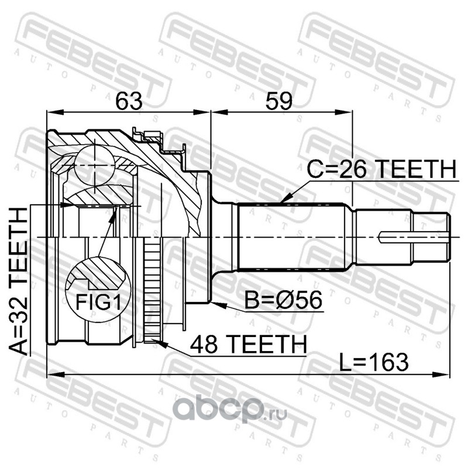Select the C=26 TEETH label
(381, 170)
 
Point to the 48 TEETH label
(246, 343)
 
